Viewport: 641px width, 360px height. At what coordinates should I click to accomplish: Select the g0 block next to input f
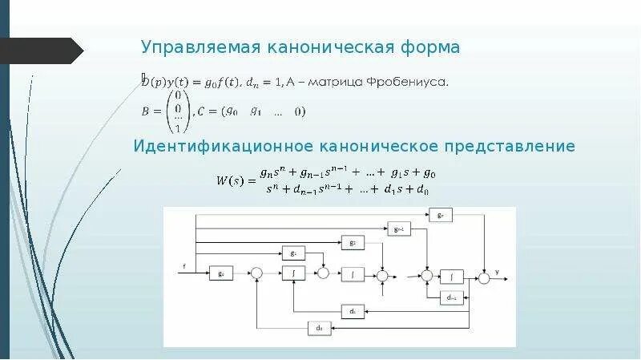[220, 273]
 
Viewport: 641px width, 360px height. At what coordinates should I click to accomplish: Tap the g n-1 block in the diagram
[398, 228]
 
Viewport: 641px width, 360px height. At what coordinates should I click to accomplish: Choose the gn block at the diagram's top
[441, 214]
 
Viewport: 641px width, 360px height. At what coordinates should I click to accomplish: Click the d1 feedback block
[352, 310]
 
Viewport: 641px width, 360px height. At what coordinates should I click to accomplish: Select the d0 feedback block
[319, 327]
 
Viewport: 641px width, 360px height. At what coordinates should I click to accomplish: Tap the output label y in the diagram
[497, 272]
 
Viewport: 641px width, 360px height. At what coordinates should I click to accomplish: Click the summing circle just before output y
[484, 277]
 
